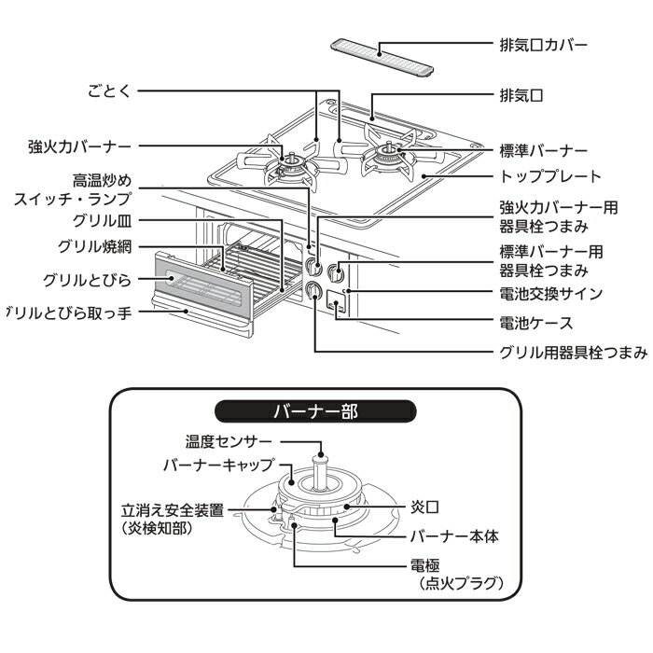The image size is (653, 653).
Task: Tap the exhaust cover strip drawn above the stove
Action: coord(383,56)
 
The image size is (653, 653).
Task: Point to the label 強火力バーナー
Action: coord(79,146)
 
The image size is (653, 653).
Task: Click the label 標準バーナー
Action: coord(543,150)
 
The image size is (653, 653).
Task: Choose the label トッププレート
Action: coord(551,175)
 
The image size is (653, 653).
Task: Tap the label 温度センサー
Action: coord(229,441)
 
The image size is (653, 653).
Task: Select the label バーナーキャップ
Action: coord(218,463)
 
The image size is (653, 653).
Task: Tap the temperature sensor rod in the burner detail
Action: coord(321,471)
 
